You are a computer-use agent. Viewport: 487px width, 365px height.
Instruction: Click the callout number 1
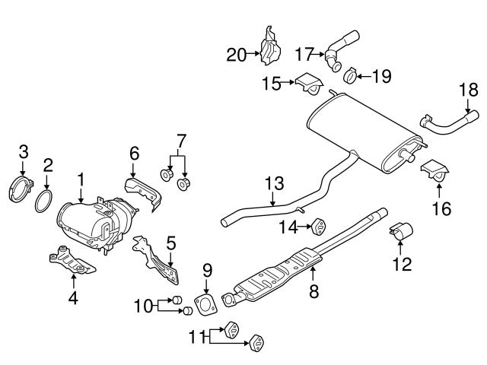(80, 181)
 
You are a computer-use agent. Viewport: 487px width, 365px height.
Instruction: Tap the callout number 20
(237, 54)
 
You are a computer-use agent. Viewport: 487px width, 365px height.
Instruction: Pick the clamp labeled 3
(23, 188)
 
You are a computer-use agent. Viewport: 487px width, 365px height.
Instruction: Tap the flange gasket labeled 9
(204, 303)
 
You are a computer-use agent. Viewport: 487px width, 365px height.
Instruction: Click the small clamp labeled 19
(352, 76)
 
